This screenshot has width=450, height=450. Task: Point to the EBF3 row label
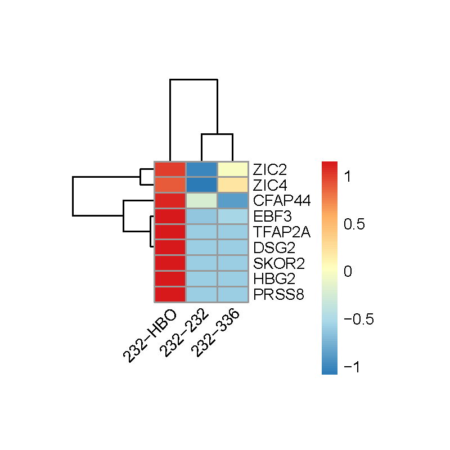268,216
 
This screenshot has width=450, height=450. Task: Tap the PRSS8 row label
273,295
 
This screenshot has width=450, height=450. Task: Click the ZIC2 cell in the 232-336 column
232,169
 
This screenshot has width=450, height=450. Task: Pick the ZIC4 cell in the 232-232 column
201,184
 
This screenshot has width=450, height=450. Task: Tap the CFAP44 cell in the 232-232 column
201,200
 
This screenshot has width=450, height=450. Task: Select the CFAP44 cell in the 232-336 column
232,200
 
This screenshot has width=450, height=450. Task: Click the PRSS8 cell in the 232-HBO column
169,295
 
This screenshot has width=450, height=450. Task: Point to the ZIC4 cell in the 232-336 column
232,184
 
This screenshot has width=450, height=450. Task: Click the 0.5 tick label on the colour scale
353,224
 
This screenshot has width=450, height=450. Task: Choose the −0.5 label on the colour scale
358,319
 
